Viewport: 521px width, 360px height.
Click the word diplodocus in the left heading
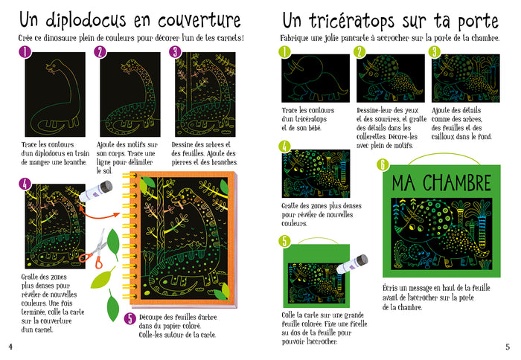point(89,19)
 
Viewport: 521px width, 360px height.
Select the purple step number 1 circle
point(25,51)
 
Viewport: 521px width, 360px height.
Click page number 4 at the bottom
point(10,346)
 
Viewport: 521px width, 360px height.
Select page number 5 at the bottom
point(508,346)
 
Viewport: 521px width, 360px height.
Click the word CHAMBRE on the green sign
point(458,182)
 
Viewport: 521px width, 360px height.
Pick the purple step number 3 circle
point(175,51)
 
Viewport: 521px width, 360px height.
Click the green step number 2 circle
point(360,51)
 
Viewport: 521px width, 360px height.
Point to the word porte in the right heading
point(473,19)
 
